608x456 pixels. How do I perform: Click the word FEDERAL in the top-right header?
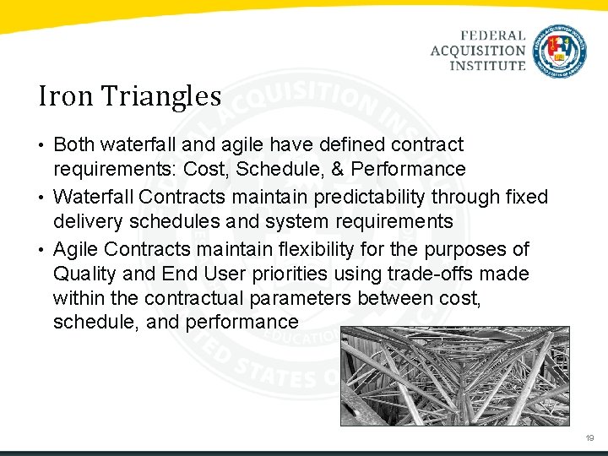(493, 36)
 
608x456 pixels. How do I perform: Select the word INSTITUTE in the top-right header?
(486, 65)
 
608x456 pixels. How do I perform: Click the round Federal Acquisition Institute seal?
(561, 51)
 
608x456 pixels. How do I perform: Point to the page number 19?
(589, 438)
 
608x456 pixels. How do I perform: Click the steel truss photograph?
(454, 376)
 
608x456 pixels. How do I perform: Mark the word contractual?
(197, 299)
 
